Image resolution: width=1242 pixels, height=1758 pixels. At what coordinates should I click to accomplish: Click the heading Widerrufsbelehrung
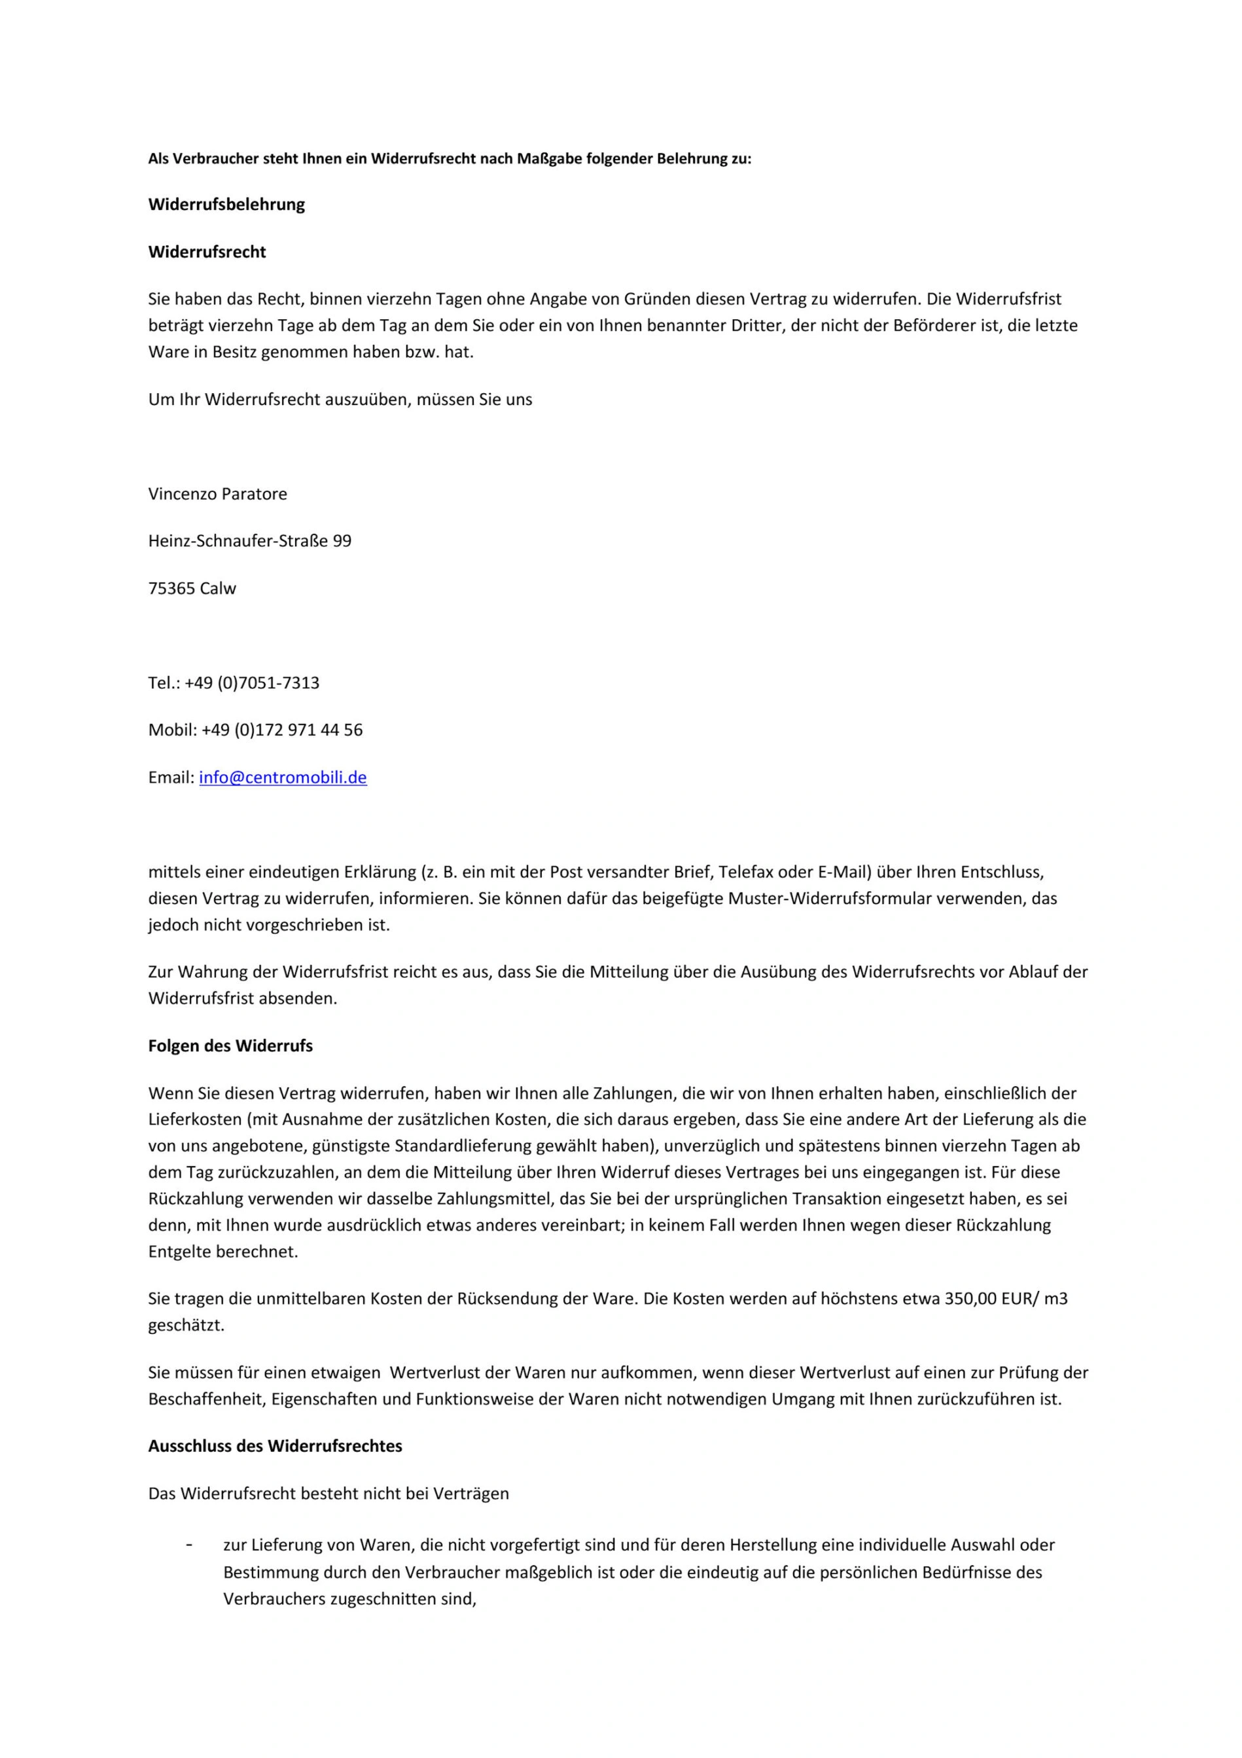226,204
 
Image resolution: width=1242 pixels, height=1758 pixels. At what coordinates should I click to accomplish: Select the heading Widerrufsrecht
207,252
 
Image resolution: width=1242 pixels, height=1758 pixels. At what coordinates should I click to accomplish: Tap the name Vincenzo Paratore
217,494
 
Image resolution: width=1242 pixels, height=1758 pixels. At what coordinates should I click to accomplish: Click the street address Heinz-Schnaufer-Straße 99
249,541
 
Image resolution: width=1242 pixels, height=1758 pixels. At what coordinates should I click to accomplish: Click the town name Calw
217,589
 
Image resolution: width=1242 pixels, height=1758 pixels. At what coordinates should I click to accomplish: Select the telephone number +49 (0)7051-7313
252,683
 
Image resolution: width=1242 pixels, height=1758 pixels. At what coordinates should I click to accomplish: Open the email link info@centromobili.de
283,778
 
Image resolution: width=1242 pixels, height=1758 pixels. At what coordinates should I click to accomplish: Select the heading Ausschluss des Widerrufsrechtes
275,1447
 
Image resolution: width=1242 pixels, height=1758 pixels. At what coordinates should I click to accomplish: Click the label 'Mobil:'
172,730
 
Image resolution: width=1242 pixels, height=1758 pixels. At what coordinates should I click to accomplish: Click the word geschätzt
186,1326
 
